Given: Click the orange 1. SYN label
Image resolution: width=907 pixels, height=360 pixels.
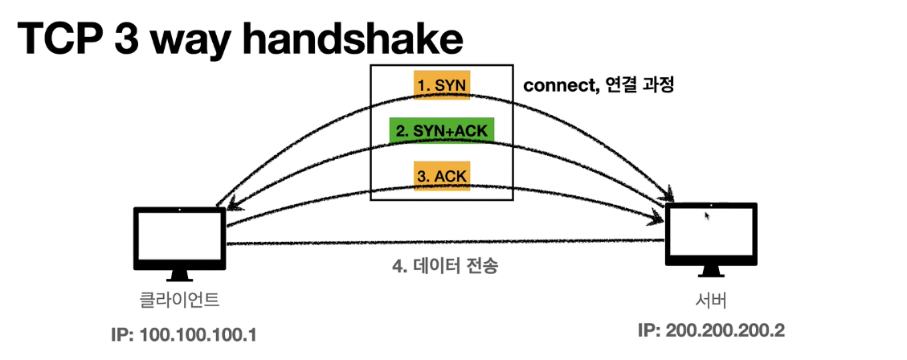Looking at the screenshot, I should click(x=439, y=84).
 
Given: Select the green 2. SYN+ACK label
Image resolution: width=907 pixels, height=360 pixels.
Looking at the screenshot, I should click(x=439, y=129).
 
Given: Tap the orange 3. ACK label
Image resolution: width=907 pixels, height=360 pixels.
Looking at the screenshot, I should click(x=440, y=175).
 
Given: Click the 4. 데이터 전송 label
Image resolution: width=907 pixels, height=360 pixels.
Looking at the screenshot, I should click(x=444, y=266).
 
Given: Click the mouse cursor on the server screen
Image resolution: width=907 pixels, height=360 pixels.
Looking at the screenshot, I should click(x=707, y=215).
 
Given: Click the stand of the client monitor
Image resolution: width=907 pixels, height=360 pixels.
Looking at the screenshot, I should click(x=178, y=276).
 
